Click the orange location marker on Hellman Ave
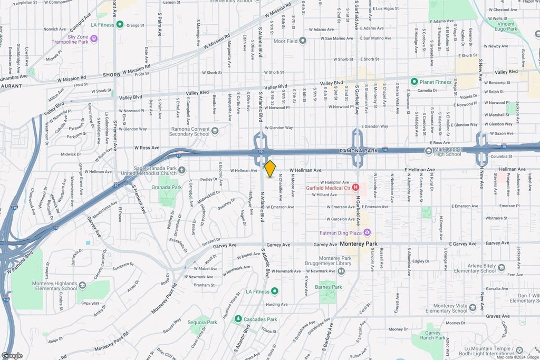[x=269, y=169]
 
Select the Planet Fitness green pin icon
[x=414, y=82]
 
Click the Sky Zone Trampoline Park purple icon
[x=94, y=38]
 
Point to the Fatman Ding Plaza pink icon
[x=367, y=232]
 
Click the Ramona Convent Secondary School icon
[x=215, y=131]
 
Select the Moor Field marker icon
[x=303, y=41]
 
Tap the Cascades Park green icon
[x=238, y=319]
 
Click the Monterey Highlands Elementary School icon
[x=82, y=285]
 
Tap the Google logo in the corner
[x=12, y=355]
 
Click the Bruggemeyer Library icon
[x=341, y=271]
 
